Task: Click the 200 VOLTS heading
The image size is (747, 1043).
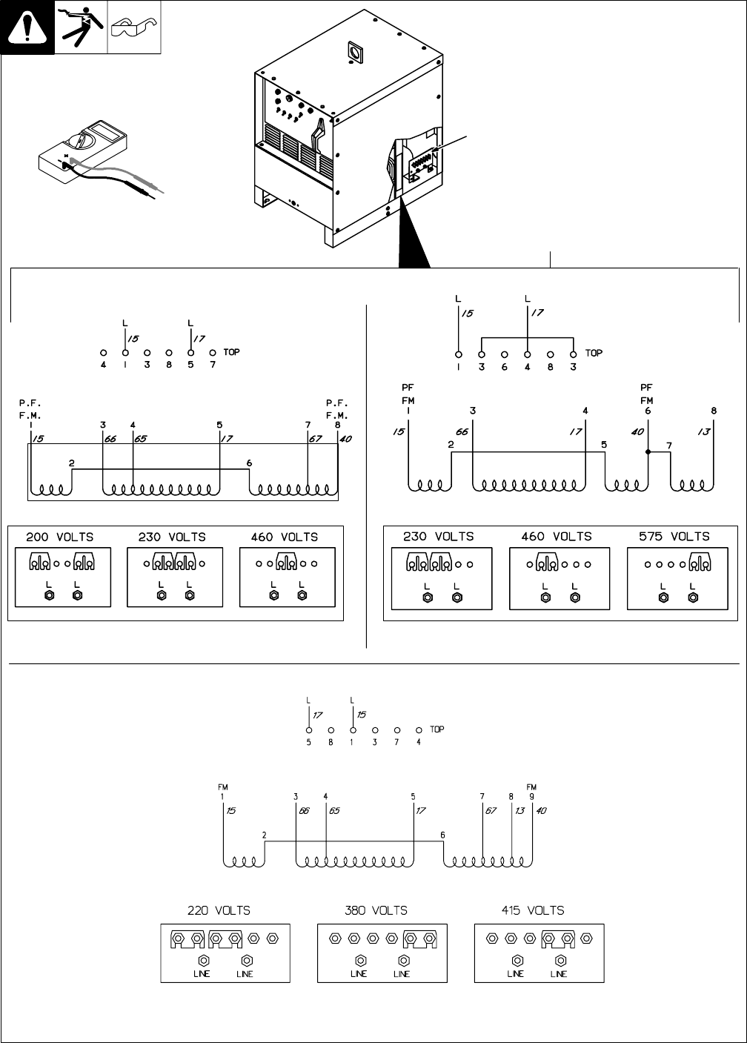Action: click(60, 537)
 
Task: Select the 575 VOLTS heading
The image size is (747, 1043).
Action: click(674, 536)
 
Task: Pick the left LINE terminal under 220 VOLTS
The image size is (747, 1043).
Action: click(202, 961)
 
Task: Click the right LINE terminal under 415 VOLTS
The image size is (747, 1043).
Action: click(558, 961)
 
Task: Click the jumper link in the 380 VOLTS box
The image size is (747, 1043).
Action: click(420, 938)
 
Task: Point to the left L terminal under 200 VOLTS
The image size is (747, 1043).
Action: click(48, 595)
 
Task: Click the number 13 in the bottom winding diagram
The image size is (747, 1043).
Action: click(519, 811)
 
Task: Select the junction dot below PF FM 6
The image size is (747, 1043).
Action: click(648, 451)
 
